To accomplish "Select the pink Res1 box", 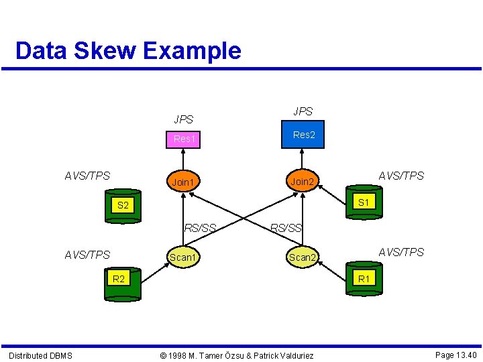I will point(184,139).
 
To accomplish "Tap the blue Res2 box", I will point(304,135).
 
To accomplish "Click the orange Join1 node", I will point(183,182).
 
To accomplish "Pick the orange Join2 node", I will point(301,181).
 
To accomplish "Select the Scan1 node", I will point(183,257).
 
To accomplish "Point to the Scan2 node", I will point(302,257).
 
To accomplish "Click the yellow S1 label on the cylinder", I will point(364,202).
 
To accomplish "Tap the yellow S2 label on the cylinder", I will point(123,206).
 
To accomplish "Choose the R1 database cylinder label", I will point(364,278).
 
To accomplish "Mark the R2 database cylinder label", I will point(119,278).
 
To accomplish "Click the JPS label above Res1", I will point(183,120).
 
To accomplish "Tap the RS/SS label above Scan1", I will point(200,228).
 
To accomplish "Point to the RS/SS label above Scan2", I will point(286,228).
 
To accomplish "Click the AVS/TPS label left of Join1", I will point(87,176).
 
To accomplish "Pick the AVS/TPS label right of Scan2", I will point(401,252).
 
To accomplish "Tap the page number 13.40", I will point(455,355).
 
